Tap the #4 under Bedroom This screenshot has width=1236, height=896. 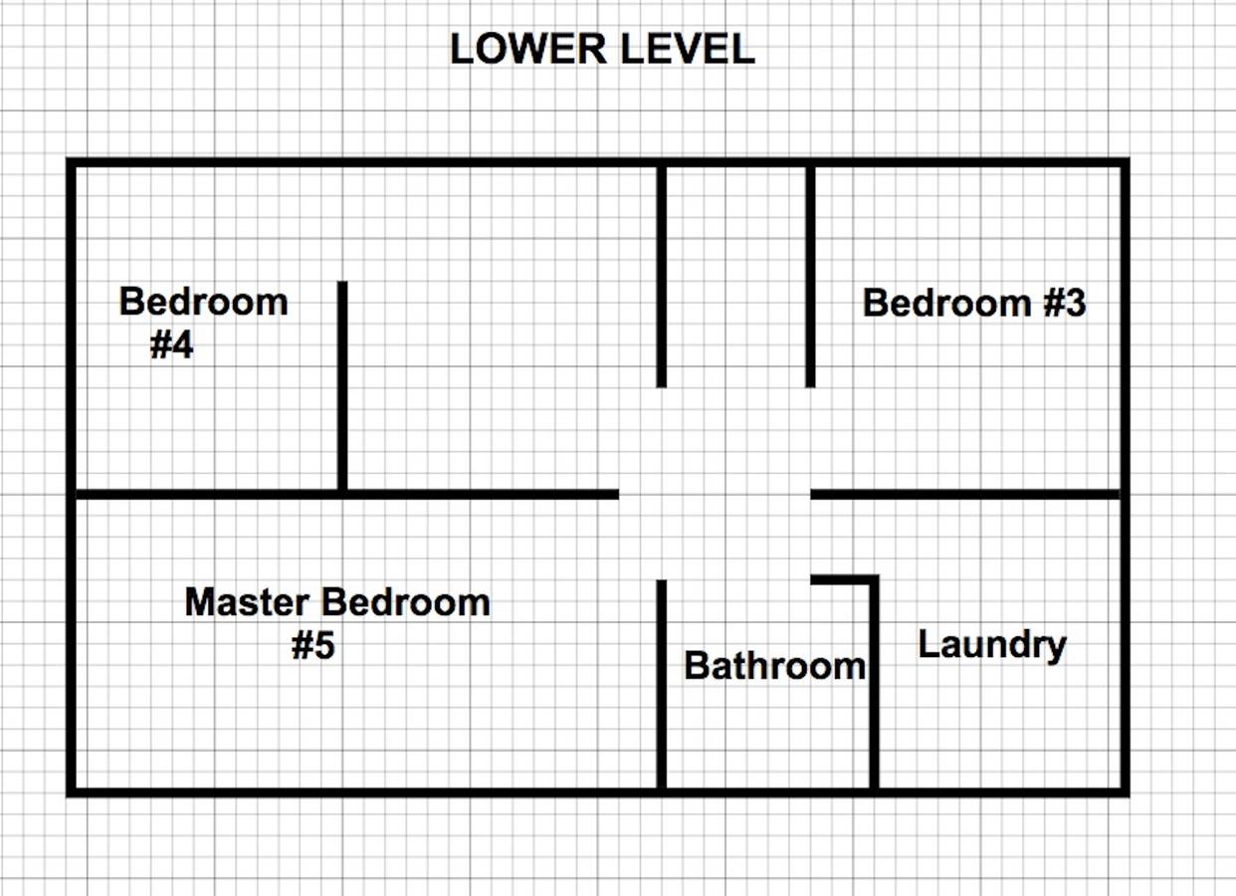171,345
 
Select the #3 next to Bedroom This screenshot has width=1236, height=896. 1064,303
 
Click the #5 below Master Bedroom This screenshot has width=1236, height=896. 312,646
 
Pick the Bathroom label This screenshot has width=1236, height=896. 774,666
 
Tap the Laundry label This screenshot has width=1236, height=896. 991,645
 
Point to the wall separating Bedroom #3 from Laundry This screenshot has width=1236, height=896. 965,494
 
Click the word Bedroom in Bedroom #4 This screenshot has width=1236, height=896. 203,302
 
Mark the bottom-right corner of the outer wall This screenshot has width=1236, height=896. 1125,791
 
